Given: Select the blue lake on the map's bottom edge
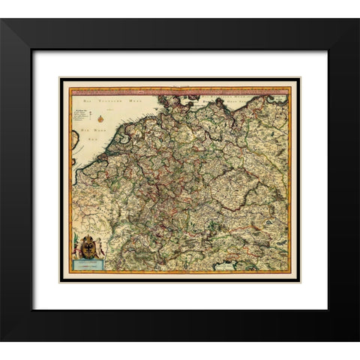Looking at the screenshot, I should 225,265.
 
